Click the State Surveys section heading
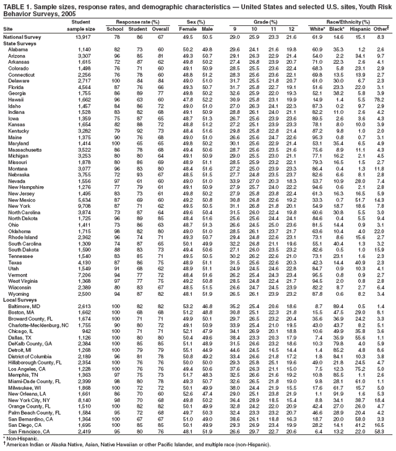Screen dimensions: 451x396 (x=20, y=43)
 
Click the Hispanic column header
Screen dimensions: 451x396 (x=358, y=28)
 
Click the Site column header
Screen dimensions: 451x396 (x=9, y=28)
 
